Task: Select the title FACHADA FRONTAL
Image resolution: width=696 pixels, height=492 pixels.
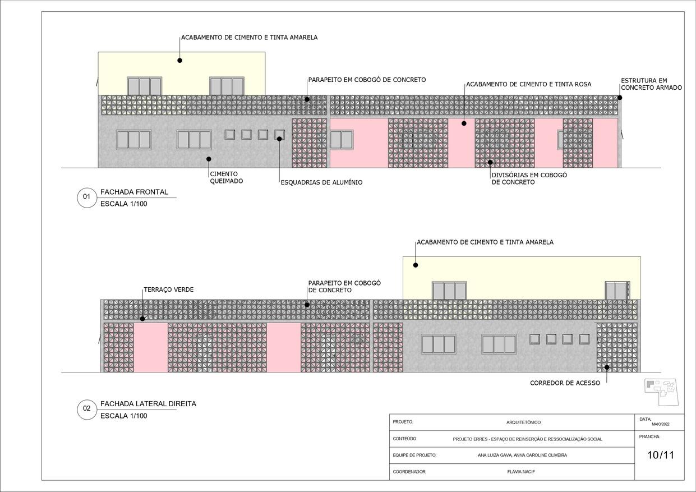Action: coord(134,192)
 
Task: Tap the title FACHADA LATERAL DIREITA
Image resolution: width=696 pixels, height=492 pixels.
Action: coord(148,404)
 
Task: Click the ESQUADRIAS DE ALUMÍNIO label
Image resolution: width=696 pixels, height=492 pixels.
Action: coord(321,182)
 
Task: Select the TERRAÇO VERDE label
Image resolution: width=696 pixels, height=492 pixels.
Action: coord(169,289)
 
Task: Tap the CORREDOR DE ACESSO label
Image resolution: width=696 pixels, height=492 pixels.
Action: coord(565,383)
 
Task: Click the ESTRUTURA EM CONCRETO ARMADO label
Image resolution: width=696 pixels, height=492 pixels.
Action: coord(651,84)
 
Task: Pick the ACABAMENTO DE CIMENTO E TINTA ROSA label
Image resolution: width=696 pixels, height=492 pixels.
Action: coord(528,84)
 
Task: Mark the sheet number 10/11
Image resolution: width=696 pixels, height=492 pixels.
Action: coord(661,455)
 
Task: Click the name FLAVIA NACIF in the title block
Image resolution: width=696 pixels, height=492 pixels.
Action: coord(521,472)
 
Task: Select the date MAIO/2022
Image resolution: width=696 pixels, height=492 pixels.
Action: coord(661,424)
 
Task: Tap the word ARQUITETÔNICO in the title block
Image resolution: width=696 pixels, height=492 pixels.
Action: coord(523,422)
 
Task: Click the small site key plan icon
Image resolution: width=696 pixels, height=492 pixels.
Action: coord(661,392)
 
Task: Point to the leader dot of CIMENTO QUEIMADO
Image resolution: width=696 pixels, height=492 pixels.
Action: coord(209,159)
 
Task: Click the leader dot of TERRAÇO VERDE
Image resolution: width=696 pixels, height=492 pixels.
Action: coord(142,319)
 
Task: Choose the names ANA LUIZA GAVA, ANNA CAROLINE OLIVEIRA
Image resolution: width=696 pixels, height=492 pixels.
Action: coord(522,455)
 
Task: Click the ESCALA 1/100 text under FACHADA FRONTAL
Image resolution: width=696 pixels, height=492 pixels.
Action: coord(123,204)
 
